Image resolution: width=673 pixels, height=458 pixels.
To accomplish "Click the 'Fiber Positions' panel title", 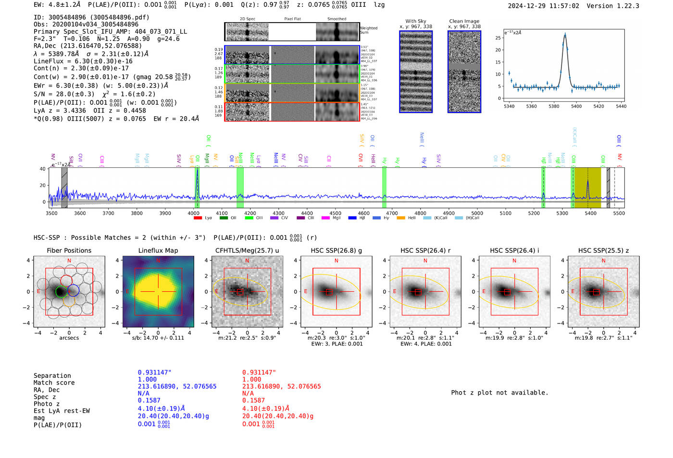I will (x=69, y=250).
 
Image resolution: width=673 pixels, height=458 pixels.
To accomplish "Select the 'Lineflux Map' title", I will (x=158, y=250).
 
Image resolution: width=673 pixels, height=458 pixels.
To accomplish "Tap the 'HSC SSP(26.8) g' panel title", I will (x=336, y=250).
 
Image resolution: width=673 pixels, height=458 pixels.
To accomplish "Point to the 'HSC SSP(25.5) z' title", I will (x=603, y=250).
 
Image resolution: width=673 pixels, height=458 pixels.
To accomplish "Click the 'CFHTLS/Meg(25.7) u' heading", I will (x=247, y=250).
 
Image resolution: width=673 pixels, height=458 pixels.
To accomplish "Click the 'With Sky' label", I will (x=415, y=21).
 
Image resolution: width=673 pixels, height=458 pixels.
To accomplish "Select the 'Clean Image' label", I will (x=464, y=21).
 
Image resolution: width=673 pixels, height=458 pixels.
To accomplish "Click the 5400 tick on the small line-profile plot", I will (x=576, y=106).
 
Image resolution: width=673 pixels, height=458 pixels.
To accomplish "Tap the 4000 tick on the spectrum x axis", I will (x=194, y=213).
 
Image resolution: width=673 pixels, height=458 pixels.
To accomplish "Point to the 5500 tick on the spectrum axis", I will (x=619, y=213).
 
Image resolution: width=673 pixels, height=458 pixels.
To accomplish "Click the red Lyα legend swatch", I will (x=198, y=218).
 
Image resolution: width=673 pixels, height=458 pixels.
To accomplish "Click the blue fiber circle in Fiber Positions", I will (x=73, y=290).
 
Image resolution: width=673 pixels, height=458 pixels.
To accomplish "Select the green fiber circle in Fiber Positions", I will (x=61, y=291).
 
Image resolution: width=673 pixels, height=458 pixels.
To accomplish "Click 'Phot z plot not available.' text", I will (x=499, y=393).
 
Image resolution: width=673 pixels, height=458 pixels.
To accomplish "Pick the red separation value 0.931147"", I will (x=260, y=372).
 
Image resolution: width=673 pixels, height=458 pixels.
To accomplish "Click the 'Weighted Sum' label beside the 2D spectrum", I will (x=368, y=30).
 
